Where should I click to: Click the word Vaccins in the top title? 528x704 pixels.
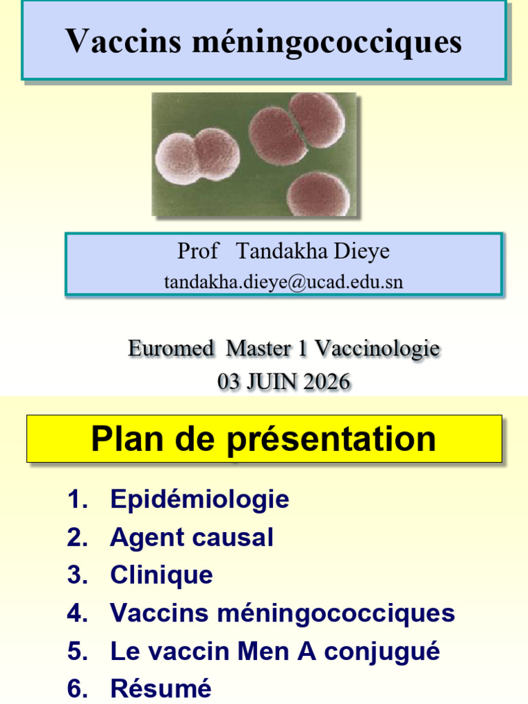(123, 41)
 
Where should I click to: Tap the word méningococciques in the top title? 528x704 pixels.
(327, 43)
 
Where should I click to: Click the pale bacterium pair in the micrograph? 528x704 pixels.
(197, 156)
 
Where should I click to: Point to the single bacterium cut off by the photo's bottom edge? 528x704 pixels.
(318, 194)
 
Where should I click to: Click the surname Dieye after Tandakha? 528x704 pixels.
(362, 250)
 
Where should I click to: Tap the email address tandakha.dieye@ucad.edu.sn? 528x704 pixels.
(283, 281)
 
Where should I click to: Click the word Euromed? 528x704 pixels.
(170, 349)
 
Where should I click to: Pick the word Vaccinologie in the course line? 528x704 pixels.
(377, 349)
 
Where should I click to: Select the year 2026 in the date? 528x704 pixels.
(327, 382)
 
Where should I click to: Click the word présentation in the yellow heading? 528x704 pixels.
(331, 440)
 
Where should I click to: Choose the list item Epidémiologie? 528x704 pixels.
(200, 499)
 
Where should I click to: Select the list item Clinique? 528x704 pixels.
(162, 575)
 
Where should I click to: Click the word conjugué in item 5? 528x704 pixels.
(382, 652)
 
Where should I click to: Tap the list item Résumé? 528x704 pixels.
(161, 688)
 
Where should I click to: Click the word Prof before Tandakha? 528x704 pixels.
(197, 250)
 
